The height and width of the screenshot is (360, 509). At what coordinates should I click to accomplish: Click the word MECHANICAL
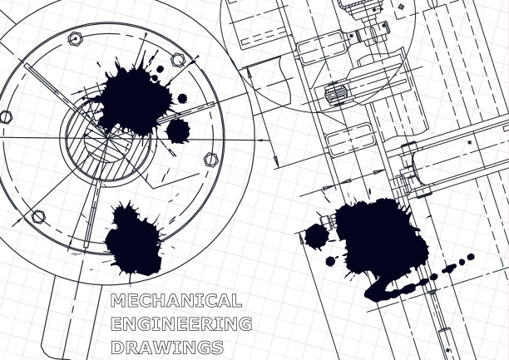click(x=176, y=301)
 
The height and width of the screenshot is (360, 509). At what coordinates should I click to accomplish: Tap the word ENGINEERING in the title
click(x=181, y=323)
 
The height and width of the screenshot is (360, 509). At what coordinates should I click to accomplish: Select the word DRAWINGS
click(x=167, y=347)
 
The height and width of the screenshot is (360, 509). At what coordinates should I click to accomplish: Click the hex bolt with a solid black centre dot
click(x=76, y=39)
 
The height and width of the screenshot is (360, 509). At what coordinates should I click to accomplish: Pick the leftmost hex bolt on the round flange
click(x=5, y=117)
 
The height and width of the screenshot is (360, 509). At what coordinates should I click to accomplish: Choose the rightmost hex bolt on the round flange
click(x=211, y=160)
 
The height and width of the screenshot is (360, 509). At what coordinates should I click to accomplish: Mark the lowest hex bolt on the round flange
click(x=38, y=216)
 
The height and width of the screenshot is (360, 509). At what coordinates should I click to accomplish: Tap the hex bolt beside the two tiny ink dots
click(x=178, y=60)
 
